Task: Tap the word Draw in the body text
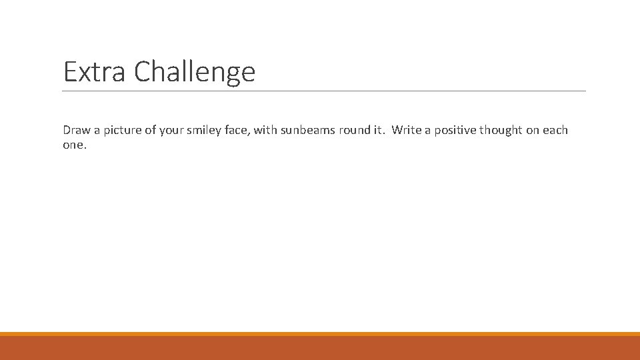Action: tap(75, 130)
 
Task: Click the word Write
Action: tap(407, 130)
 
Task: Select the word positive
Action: tap(454, 130)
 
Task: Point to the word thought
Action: tap(501, 130)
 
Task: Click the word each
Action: tap(555, 130)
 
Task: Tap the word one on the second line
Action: tap(73, 145)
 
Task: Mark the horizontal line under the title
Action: tap(324, 91)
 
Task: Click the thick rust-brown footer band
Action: tap(320, 348)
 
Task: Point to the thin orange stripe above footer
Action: tap(320, 334)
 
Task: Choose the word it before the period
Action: tap(378, 130)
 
